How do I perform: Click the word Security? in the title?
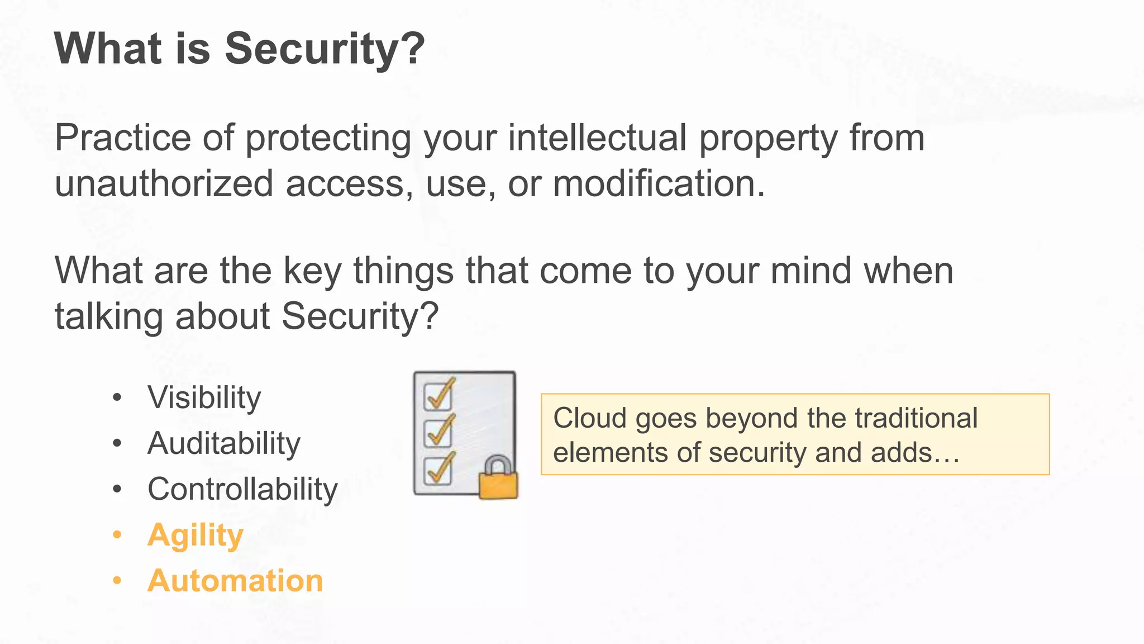click(325, 49)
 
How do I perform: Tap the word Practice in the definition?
click(123, 138)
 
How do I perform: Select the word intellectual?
click(597, 138)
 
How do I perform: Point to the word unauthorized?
click(164, 183)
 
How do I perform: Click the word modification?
click(659, 183)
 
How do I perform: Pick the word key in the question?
click(312, 271)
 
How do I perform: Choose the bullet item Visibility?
click(204, 398)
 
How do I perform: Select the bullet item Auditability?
click(223, 444)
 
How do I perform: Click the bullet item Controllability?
click(242, 490)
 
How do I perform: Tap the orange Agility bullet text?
click(196, 536)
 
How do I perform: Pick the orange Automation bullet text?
click(235, 581)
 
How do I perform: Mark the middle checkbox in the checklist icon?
click(438, 433)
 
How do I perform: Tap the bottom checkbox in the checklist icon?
click(438, 470)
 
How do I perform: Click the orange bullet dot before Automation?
click(117, 581)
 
